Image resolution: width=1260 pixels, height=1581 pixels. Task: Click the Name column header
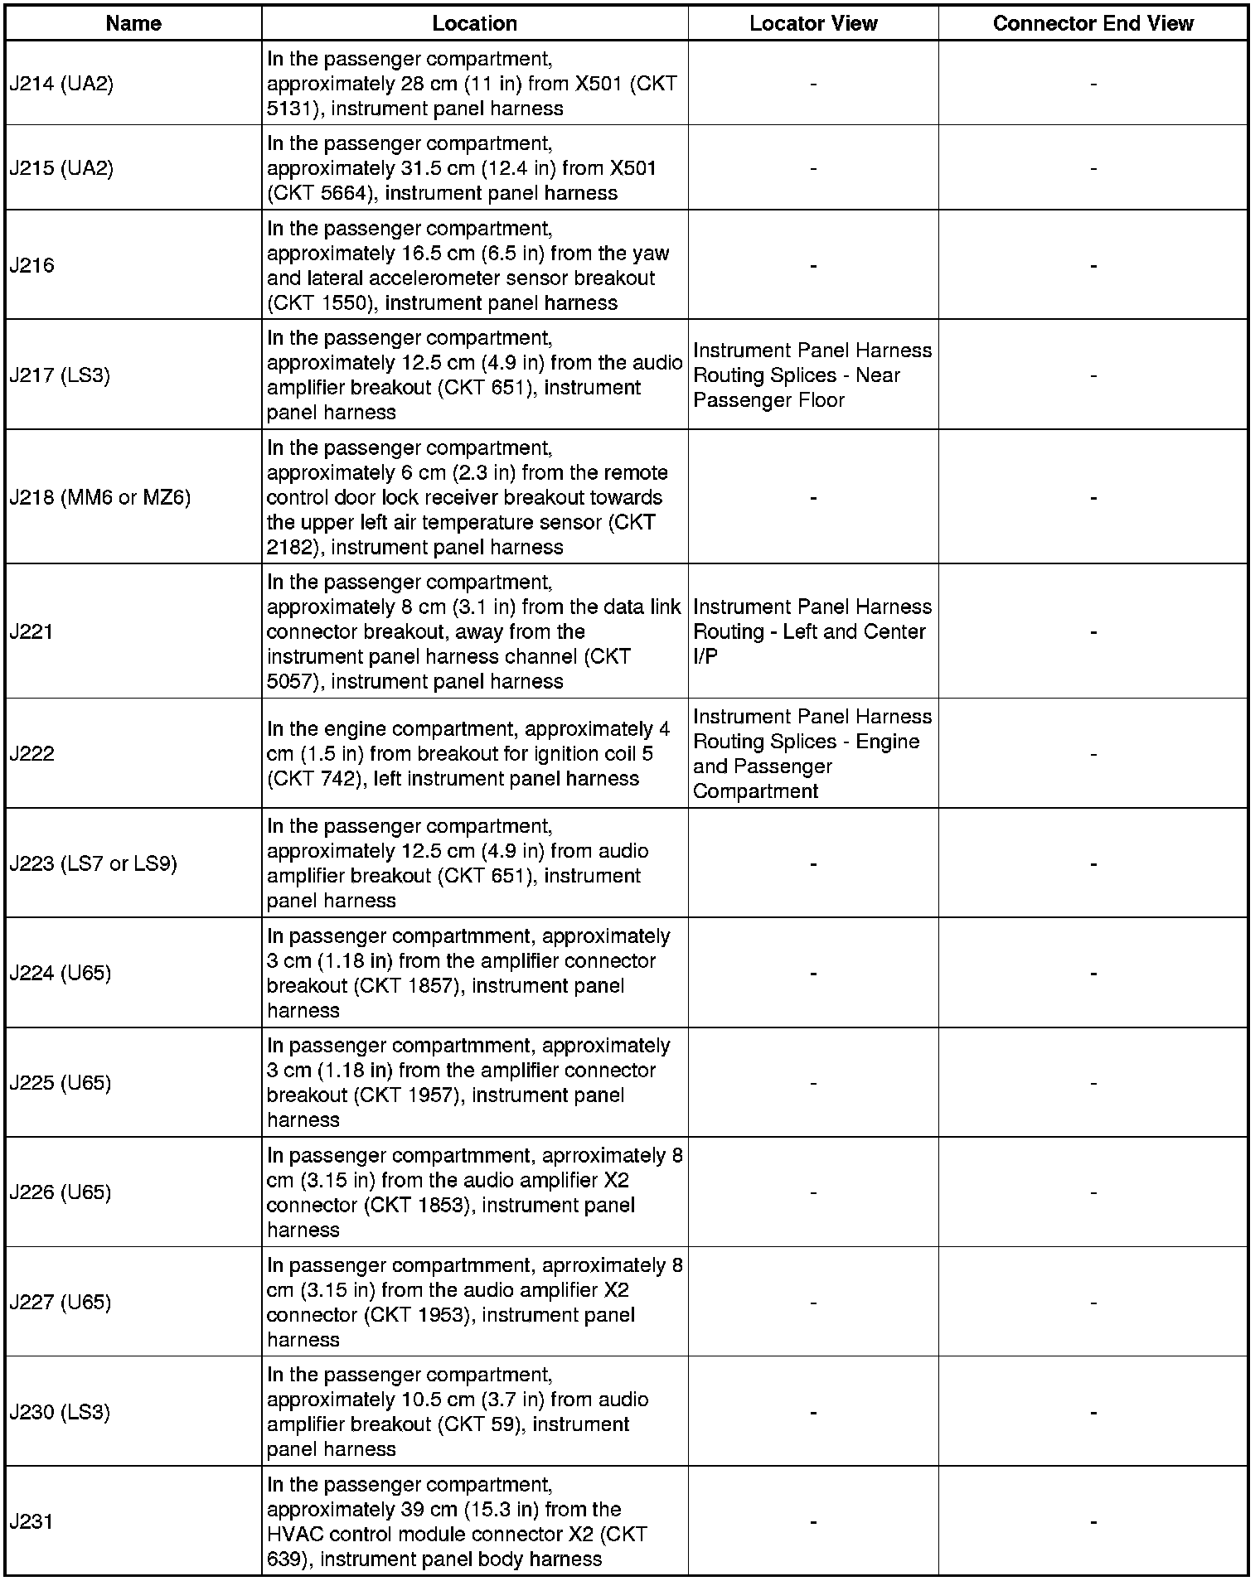tap(133, 23)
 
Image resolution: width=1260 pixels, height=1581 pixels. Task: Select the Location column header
tap(474, 23)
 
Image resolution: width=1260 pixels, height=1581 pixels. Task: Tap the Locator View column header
tap(812, 23)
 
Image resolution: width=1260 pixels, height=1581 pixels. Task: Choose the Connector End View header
tap(1093, 23)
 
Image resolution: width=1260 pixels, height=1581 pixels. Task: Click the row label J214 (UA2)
tap(61, 84)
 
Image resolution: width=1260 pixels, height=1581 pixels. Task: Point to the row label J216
tap(32, 265)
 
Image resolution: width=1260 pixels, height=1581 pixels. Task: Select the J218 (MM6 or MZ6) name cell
tap(100, 497)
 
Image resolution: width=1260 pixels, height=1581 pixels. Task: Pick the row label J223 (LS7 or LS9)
tap(94, 863)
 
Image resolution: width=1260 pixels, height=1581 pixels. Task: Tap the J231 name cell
tap(31, 1521)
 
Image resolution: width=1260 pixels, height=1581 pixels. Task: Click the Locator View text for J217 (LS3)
tap(812, 375)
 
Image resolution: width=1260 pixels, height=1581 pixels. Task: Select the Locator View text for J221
tap(812, 631)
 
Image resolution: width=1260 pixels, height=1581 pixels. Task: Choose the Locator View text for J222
tap(812, 753)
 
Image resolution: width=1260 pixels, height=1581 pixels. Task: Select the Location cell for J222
tap(474, 753)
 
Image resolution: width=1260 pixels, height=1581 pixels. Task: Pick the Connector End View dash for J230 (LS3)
tap(1093, 1412)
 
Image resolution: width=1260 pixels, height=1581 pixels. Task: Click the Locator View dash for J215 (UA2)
tap(812, 168)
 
